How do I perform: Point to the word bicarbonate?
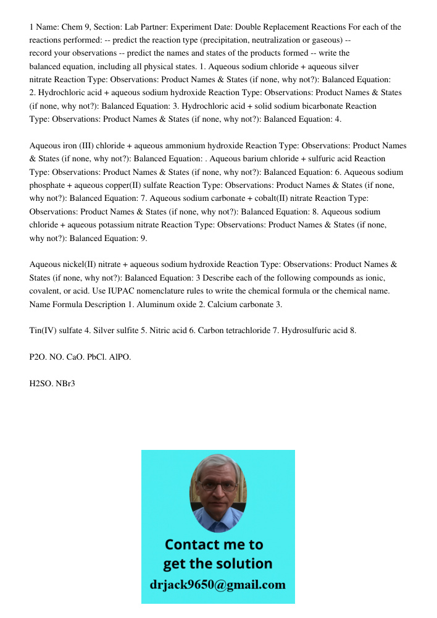click(x=313, y=106)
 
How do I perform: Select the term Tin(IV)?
click(x=43, y=331)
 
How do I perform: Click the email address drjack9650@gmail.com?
click(x=218, y=584)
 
